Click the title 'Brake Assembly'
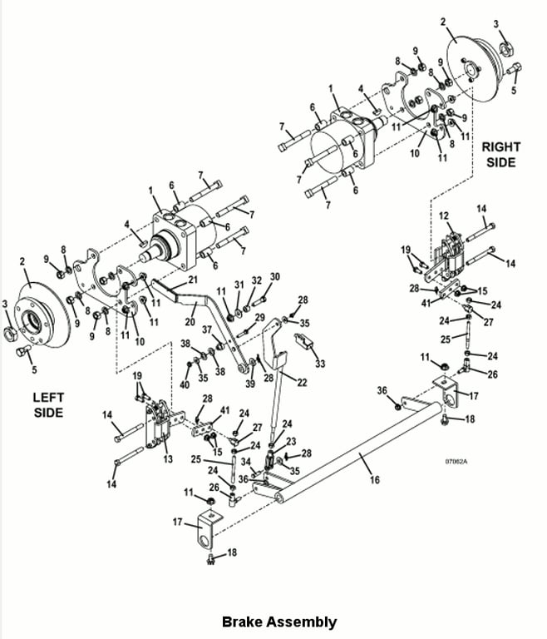click(279, 622)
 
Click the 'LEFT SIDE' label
click(48, 404)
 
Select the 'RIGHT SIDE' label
click(501, 155)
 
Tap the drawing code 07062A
click(456, 462)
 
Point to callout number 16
click(374, 479)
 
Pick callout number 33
click(320, 363)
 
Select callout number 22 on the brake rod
click(302, 382)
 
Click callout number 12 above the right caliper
click(444, 215)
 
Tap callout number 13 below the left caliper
click(168, 459)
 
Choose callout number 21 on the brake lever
click(192, 280)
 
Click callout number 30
click(275, 277)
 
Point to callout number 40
click(185, 384)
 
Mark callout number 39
click(250, 384)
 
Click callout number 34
click(245, 462)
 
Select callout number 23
click(291, 441)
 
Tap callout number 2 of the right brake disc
click(443, 22)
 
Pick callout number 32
click(256, 280)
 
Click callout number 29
click(259, 318)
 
